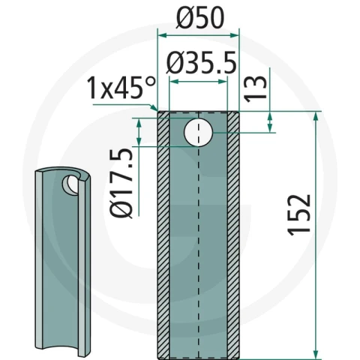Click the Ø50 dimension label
[x=200, y=17]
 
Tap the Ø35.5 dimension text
[x=201, y=63]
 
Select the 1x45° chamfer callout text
[x=121, y=88]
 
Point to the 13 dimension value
[x=255, y=88]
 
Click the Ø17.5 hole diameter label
[x=121, y=183]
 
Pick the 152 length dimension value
[x=299, y=215]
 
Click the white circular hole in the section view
[x=198, y=133]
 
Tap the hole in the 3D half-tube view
[x=70, y=185]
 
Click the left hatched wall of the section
[x=163, y=235]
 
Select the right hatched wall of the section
[x=233, y=235]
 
